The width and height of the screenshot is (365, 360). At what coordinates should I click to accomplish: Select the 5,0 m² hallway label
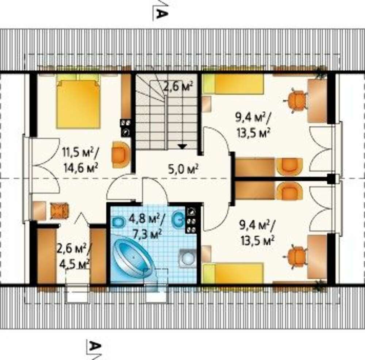point(184,169)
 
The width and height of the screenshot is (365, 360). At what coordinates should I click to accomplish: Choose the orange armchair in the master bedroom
point(120,154)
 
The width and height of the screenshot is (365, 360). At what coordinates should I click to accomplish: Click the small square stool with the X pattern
point(59,211)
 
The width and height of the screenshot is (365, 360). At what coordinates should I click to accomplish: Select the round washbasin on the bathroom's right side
point(187,258)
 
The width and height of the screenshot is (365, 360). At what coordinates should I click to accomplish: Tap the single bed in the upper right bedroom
point(233,84)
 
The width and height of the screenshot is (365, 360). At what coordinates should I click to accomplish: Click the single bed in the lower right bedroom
point(233,273)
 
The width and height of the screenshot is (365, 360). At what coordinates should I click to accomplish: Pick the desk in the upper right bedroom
point(317,101)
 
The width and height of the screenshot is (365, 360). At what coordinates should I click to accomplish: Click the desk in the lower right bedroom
point(317,257)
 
